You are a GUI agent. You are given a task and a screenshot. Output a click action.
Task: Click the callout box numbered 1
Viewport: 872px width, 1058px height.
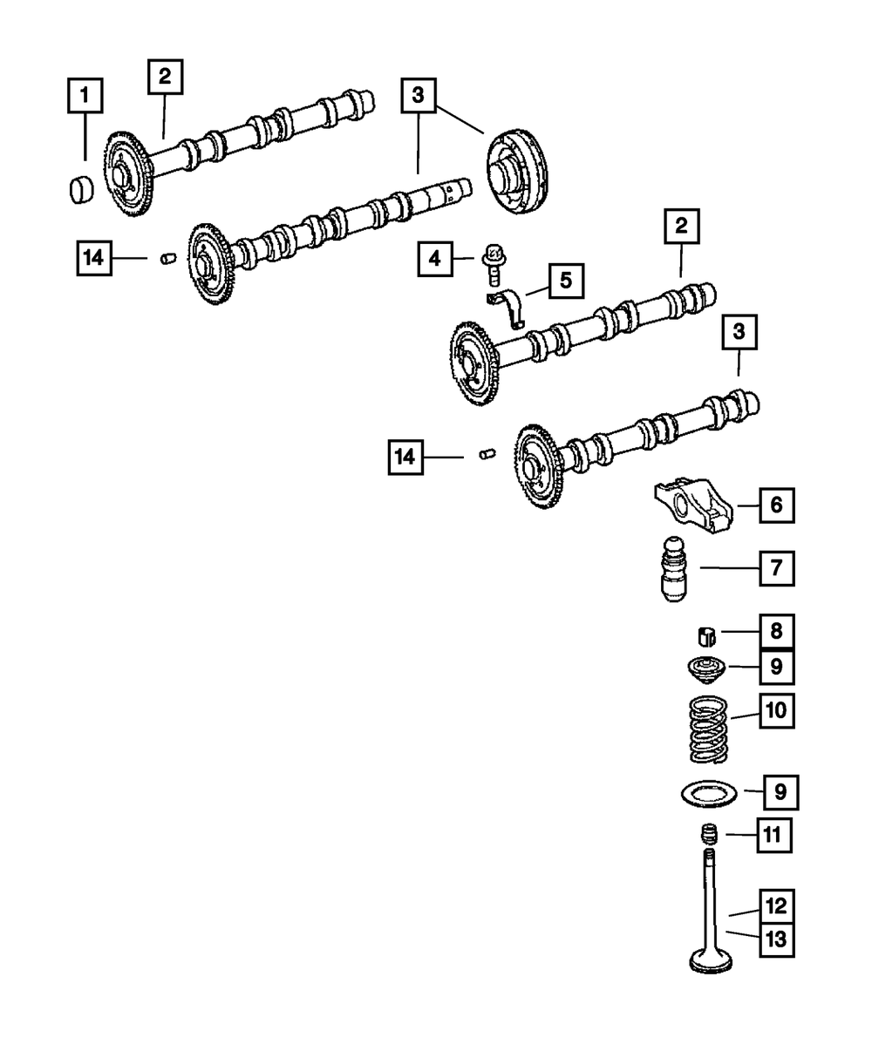click(85, 97)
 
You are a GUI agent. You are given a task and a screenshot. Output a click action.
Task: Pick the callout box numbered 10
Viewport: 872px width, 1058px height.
click(776, 710)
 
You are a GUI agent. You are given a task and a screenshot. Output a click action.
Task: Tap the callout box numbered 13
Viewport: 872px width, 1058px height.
click(776, 939)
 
